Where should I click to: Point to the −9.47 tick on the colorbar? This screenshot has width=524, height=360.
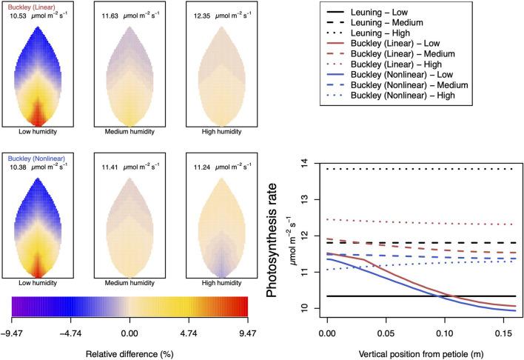(13, 322)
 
